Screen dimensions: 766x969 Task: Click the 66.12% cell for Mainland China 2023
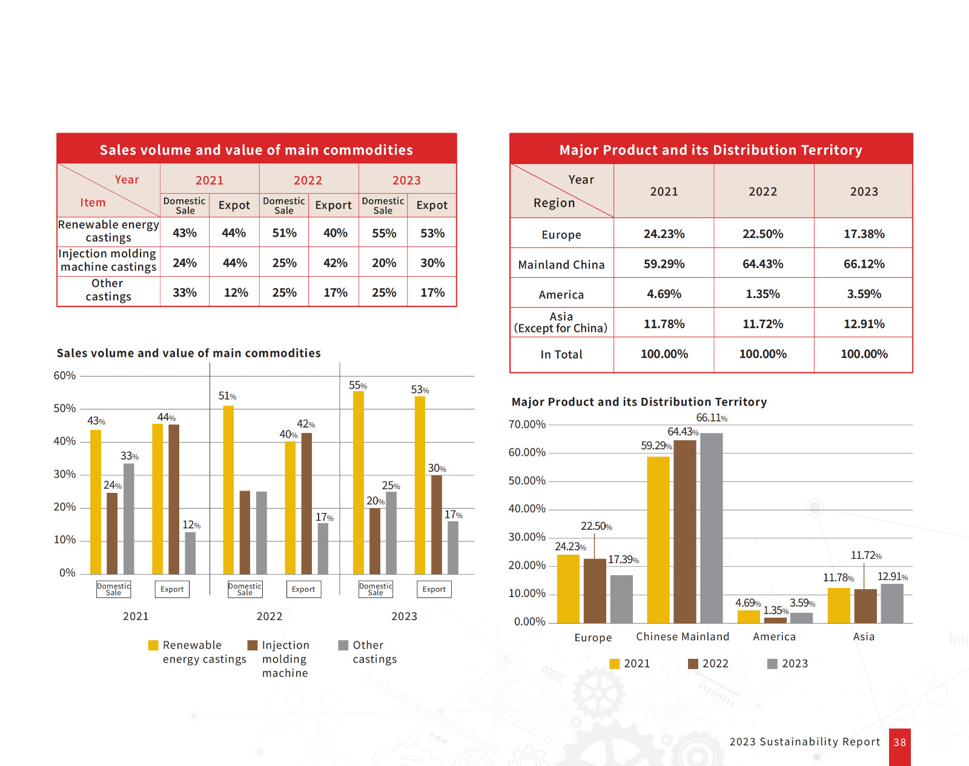[x=864, y=264]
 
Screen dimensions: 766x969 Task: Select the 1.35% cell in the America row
[x=762, y=294]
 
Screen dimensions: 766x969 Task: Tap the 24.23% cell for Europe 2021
[x=664, y=234]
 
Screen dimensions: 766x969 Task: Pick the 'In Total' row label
[x=561, y=354]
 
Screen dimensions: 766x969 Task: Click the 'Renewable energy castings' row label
[x=108, y=231]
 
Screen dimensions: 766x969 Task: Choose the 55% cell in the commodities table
[x=384, y=233]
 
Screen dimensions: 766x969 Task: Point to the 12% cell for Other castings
[x=236, y=292]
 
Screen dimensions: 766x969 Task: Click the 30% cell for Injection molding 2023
[x=432, y=263]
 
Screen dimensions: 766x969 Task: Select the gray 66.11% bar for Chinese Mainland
[x=712, y=527]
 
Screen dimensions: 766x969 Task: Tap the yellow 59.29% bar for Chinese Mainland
[x=658, y=539]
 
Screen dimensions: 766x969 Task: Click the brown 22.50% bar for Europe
[x=595, y=590]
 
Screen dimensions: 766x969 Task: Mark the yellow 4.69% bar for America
[x=749, y=616]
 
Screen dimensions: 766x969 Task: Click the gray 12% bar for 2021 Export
[x=190, y=552]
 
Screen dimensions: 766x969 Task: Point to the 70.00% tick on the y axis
[x=527, y=424]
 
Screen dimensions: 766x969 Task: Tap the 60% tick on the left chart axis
[x=65, y=375]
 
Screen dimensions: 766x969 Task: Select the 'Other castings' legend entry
[x=368, y=652]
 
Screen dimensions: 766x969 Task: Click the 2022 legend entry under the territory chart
[x=708, y=664]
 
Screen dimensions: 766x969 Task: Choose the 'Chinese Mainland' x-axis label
[x=683, y=636]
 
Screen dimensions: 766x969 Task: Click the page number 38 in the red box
[x=900, y=742]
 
